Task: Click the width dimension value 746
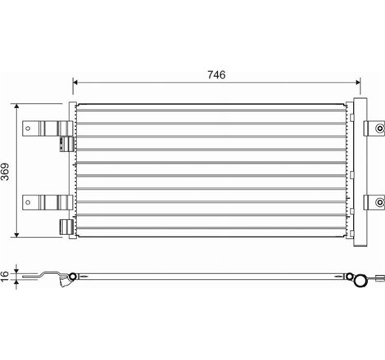(216, 74)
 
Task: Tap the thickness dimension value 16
(7, 276)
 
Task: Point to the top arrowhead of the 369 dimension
(18, 107)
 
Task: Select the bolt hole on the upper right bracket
(378, 128)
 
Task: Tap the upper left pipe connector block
(63, 140)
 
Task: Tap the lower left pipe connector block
(63, 225)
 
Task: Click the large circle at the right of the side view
(359, 281)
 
